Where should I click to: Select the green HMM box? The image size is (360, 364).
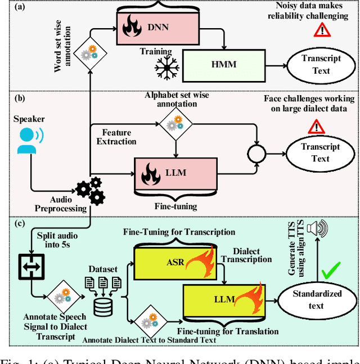(x=223, y=65)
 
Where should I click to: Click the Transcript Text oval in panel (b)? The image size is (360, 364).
(x=320, y=152)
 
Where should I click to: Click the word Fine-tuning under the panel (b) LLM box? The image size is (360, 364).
(x=175, y=206)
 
